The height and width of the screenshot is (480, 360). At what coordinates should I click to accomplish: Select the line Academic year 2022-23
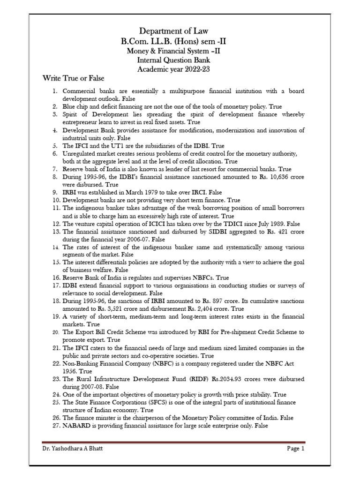coord(180,69)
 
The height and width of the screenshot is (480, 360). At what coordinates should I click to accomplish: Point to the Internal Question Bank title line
coord(180,60)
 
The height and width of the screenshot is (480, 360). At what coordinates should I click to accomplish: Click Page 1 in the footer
coord(296,449)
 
